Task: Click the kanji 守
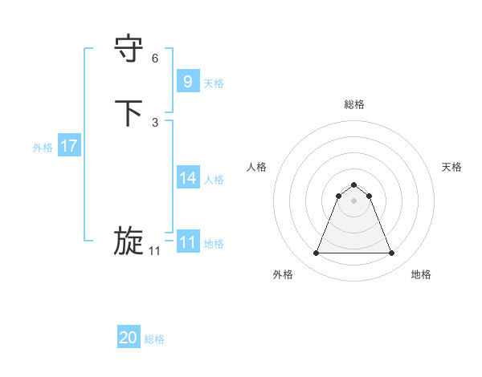pyautogui.click(x=129, y=50)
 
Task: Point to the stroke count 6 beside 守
pyautogui.click(x=155, y=59)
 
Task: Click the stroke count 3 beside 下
pyautogui.click(x=155, y=122)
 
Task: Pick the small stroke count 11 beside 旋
pyautogui.click(x=154, y=251)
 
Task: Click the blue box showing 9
pyautogui.click(x=187, y=81)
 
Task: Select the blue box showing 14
pyautogui.click(x=187, y=178)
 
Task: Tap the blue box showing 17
pyautogui.click(x=68, y=146)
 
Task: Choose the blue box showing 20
pyautogui.click(x=129, y=338)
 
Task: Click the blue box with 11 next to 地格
pyautogui.click(x=187, y=242)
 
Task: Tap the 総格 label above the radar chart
pyautogui.click(x=353, y=104)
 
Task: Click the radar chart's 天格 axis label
pyautogui.click(x=451, y=167)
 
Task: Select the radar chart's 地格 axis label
pyautogui.click(x=421, y=274)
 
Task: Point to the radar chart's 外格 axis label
pyautogui.click(x=283, y=274)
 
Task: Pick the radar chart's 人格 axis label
pyautogui.click(x=256, y=167)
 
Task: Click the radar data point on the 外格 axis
pyautogui.click(x=316, y=253)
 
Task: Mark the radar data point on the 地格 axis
pyautogui.click(x=391, y=253)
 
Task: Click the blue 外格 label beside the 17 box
pyautogui.click(x=43, y=147)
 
